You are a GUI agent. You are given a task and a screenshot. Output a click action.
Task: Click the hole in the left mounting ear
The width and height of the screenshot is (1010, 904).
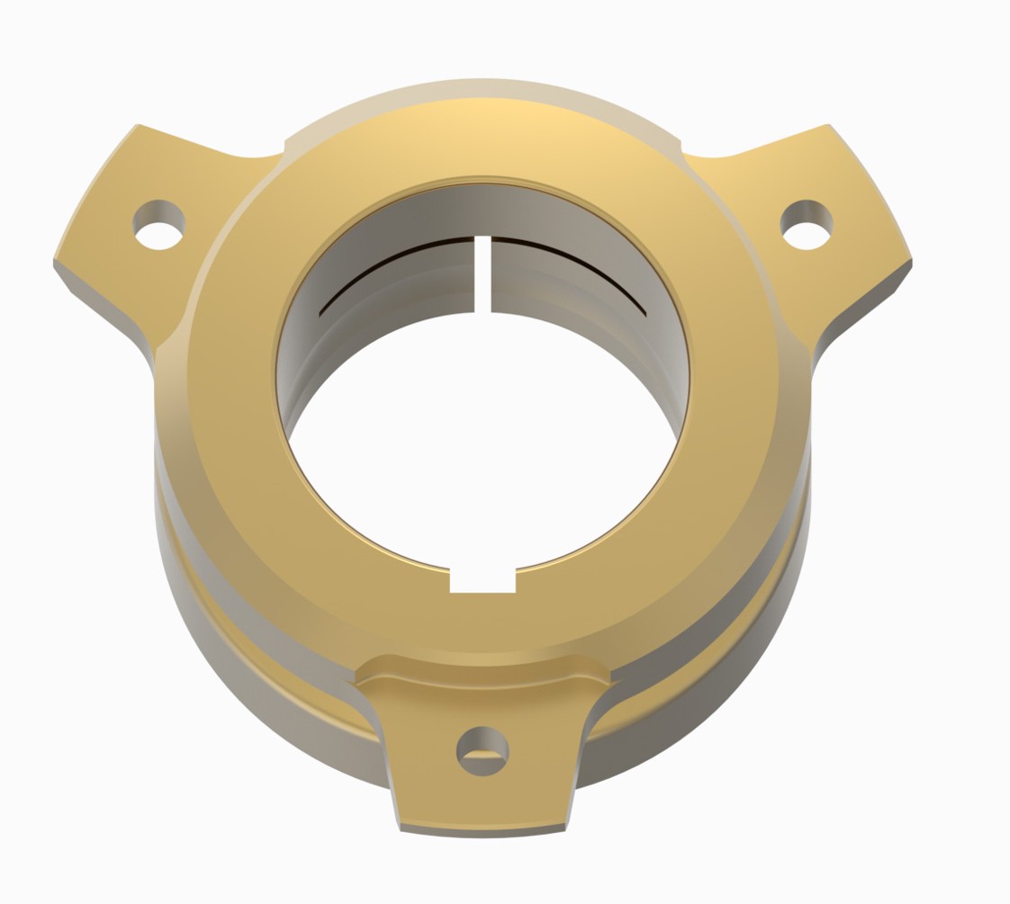coord(159,224)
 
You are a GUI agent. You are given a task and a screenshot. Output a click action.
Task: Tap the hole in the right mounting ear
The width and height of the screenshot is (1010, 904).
coord(806,224)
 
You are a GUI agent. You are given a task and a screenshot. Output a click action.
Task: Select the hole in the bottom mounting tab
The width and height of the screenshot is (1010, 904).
coord(482,749)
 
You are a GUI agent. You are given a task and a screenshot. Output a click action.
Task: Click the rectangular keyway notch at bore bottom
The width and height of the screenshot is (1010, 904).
coord(482,580)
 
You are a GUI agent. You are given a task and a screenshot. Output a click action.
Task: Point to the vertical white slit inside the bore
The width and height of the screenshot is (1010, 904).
coord(482,274)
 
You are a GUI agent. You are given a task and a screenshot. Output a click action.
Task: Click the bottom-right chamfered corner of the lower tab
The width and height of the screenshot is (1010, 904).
coord(568,822)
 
